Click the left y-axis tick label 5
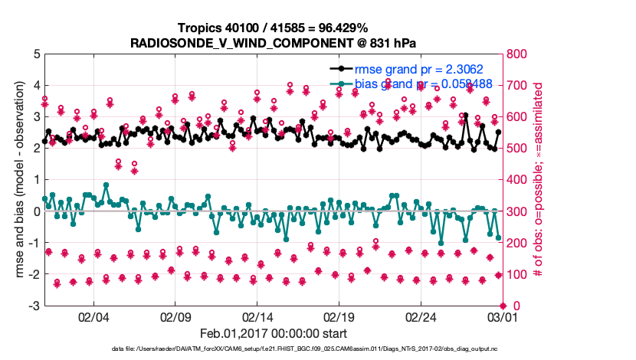tap(36, 54)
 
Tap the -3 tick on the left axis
tap(34, 306)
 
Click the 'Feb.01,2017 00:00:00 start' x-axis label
tap(274, 333)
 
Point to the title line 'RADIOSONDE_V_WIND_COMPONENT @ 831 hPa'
tap(274, 42)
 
